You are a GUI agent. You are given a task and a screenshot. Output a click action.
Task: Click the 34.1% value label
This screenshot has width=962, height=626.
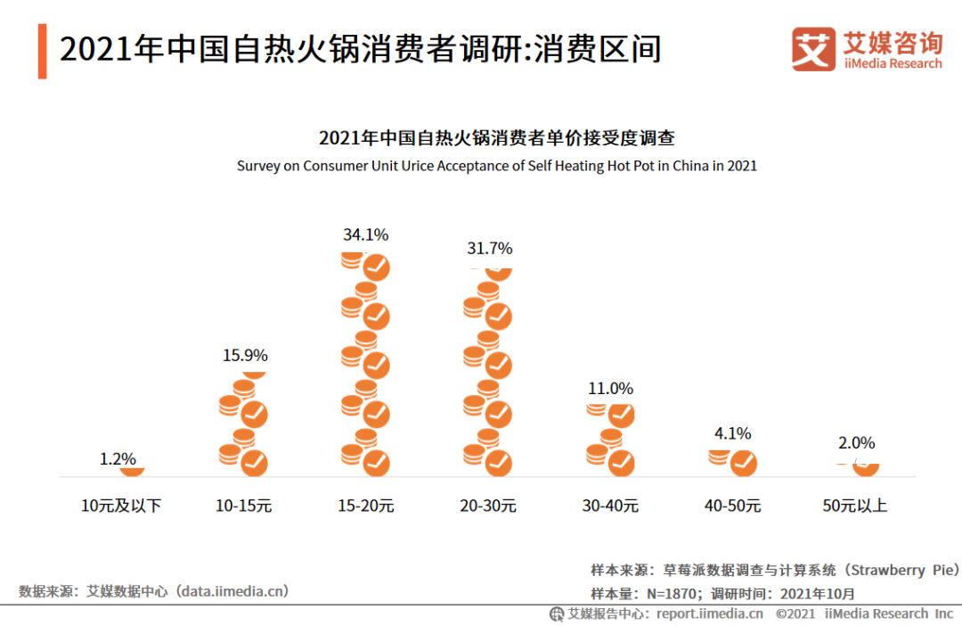365,235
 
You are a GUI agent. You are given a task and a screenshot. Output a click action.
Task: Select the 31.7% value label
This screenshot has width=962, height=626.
490,249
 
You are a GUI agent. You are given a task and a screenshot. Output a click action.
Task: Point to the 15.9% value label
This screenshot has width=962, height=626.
245,356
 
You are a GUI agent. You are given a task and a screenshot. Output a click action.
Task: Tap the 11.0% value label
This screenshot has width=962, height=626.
610,389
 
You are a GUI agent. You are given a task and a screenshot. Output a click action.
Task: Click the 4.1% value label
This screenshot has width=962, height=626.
732,434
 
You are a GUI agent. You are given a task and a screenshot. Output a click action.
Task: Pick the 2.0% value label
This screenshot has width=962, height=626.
857,443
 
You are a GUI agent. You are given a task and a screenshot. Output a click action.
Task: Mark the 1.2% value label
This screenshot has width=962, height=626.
118,459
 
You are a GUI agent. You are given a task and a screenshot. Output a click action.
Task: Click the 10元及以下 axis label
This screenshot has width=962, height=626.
121,506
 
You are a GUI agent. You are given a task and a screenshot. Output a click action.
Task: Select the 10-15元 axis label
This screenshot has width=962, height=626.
243,506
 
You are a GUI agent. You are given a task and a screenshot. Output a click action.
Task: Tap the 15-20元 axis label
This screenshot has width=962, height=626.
365,506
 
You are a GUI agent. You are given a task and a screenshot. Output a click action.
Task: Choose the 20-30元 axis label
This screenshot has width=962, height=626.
488,506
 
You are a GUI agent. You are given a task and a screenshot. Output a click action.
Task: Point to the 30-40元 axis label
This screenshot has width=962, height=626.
610,506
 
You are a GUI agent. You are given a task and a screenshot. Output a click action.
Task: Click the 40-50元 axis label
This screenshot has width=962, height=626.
732,506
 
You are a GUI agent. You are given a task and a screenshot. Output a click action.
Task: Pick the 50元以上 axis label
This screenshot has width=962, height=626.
855,506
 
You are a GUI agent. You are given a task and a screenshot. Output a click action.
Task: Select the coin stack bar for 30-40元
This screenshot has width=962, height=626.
610,440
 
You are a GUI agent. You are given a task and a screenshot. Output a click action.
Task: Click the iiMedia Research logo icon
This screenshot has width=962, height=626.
813,49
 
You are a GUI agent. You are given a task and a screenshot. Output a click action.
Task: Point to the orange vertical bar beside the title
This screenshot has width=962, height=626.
42,52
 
